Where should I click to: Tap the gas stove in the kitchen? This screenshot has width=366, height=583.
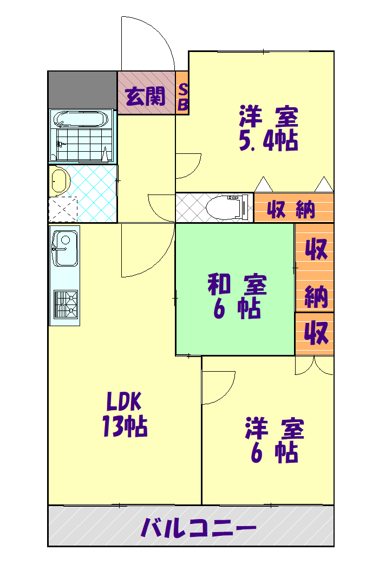[x=65, y=303]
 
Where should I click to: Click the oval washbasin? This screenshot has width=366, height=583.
[x=59, y=181]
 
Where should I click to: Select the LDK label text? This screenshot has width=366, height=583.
[x=124, y=403]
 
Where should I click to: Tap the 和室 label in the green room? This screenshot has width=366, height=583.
[x=237, y=286]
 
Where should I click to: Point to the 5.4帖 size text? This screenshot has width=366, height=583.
[x=269, y=141]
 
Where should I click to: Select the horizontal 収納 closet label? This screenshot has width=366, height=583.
[x=291, y=209]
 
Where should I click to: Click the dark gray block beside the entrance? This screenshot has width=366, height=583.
[x=82, y=89]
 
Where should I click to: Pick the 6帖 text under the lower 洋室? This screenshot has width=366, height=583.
[x=274, y=453]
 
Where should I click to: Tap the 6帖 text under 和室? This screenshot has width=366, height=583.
[x=237, y=309]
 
